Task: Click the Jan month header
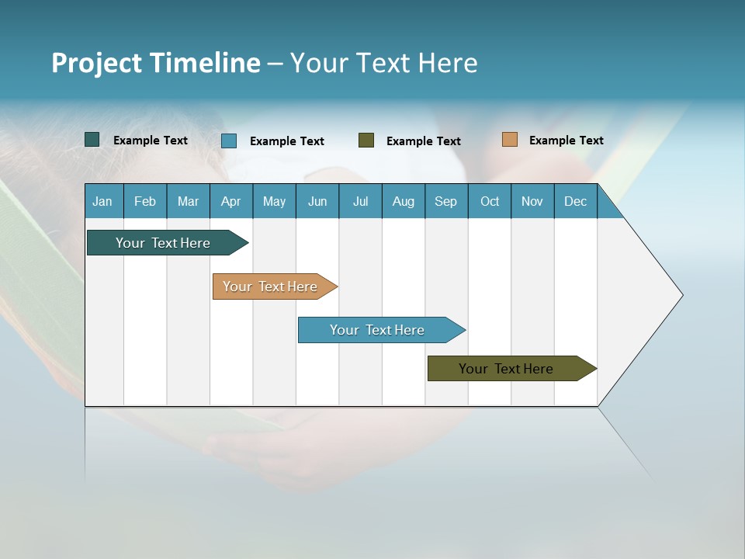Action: pyautogui.click(x=103, y=201)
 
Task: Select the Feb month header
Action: pyautogui.click(x=145, y=201)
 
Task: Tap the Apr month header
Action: pyautogui.click(x=231, y=201)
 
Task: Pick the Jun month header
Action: pyautogui.click(x=317, y=201)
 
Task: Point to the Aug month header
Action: pyautogui.click(x=404, y=201)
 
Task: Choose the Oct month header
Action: pyautogui.click(x=490, y=201)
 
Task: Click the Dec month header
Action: pyautogui.click(x=576, y=201)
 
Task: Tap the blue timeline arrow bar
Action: pyautogui.click(x=379, y=330)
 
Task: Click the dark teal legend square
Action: pyautogui.click(x=92, y=140)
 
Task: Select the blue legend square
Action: pyautogui.click(x=229, y=141)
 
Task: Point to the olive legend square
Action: pyautogui.click(x=366, y=141)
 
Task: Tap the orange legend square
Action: pyautogui.click(x=509, y=140)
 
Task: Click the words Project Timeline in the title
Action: pyautogui.click(x=156, y=63)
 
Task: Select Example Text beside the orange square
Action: pyautogui.click(x=566, y=141)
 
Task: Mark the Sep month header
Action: pyautogui.click(x=446, y=201)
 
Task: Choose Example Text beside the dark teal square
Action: pyautogui.click(x=151, y=141)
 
